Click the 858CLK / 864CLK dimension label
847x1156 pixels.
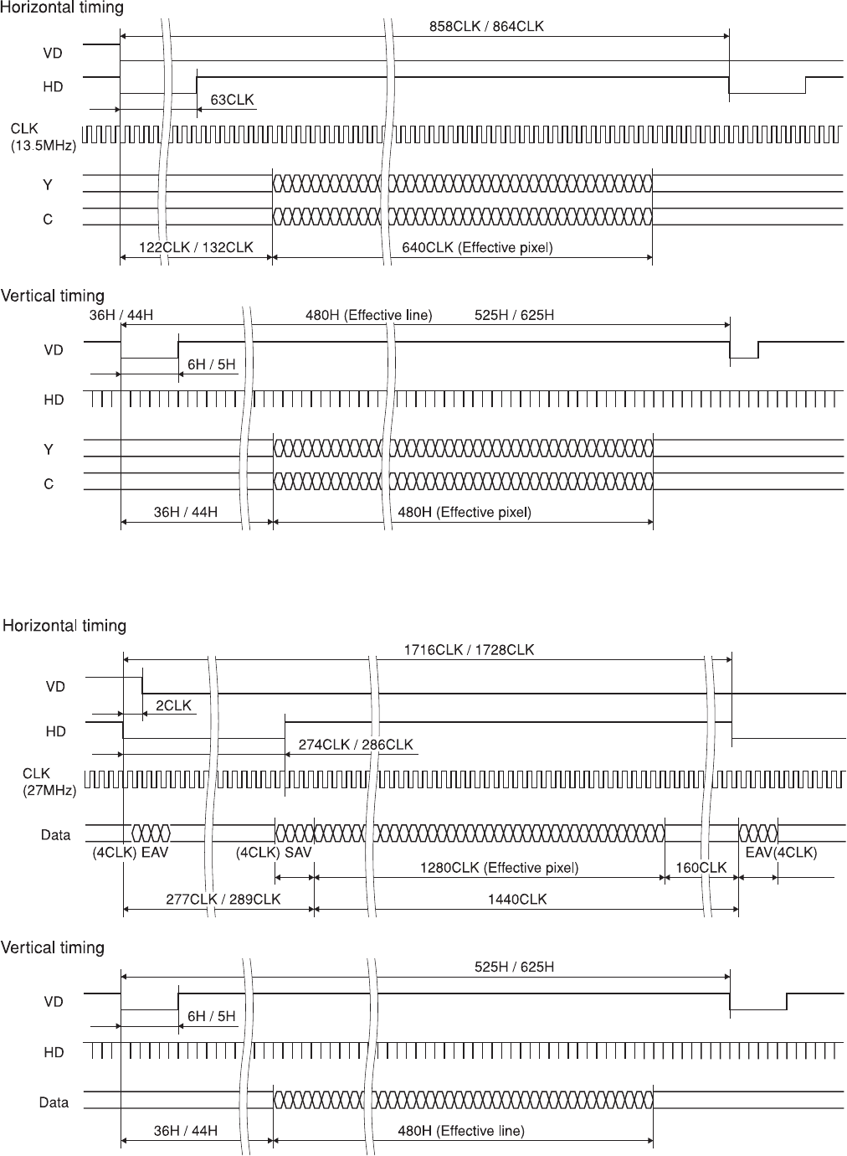coord(486,26)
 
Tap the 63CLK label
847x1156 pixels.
coord(232,101)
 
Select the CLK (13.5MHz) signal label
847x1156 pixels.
coord(43,137)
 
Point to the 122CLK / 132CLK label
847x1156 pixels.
coord(195,248)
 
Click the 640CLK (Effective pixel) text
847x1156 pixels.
coord(476,248)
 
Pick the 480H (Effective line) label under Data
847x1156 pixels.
coord(460,1131)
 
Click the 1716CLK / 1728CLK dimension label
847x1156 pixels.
coord(469,649)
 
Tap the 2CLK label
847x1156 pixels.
coord(173,705)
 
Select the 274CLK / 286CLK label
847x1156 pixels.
coord(356,745)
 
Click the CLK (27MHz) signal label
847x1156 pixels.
coord(49,782)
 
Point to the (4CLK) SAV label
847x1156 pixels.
coord(275,853)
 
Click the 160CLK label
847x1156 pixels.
coord(701,868)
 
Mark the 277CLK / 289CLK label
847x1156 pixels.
coord(223,899)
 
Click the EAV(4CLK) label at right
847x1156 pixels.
coord(781,853)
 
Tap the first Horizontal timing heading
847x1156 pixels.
coord(62,8)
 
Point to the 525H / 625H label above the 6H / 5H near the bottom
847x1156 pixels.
coord(514,967)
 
